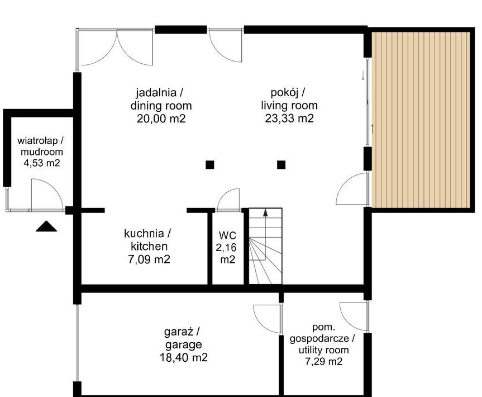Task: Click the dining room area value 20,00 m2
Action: pos(161,119)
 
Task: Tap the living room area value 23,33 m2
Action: pos(289,118)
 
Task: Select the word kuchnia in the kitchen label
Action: pos(144,233)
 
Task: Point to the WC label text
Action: pos(227,235)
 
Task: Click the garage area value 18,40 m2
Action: pos(184,357)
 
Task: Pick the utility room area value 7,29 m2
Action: pos(323,361)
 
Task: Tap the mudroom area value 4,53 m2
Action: pos(42,163)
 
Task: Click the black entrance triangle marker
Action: pos(46,226)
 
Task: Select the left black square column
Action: pos(209,165)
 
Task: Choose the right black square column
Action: pos(281,165)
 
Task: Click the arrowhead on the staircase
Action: pos(265,212)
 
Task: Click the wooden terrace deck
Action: pos(421,120)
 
